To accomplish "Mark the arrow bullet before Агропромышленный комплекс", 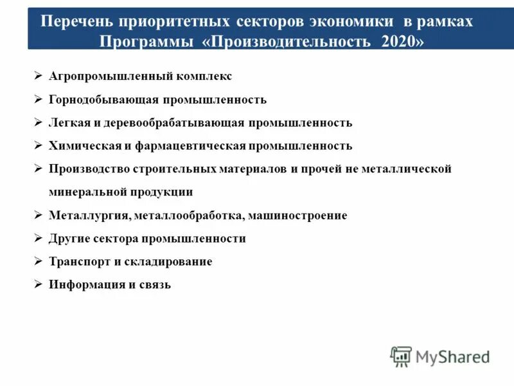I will pyautogui.click(x=38, y=76).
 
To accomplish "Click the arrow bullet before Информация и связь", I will pyautogui.click(x=38, y=284).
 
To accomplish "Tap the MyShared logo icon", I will pyautogui.click(x=401, y=356).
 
